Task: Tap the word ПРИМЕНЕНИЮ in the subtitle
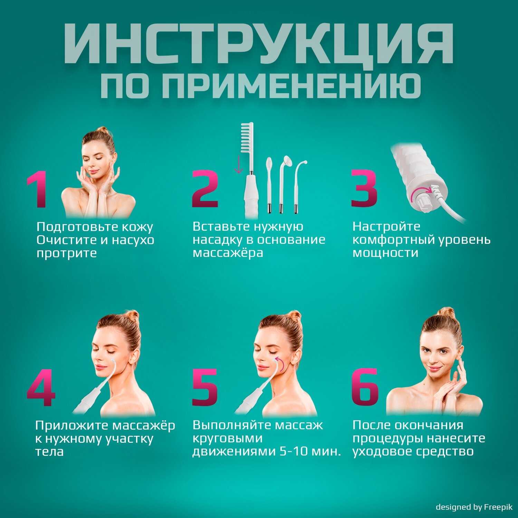(291, 86)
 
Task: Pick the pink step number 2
(205, 189)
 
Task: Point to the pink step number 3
(364, 189)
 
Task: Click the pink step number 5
(205, 387)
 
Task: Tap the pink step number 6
(365, 387)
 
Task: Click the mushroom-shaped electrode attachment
(286, 161)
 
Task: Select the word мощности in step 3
(385, 253)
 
